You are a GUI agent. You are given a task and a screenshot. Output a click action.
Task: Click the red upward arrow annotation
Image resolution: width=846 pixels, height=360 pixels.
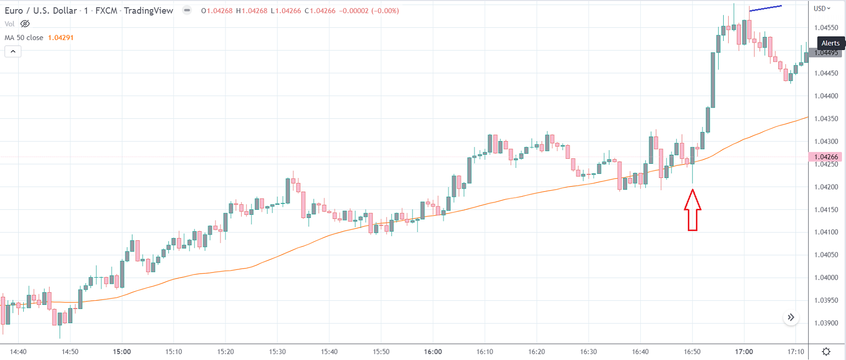(x=692, y=210)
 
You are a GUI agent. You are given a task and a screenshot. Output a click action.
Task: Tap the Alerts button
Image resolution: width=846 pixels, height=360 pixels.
(x=830, y=43)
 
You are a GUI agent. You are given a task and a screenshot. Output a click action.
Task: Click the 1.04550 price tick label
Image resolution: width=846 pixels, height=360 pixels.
(x=826, y=28)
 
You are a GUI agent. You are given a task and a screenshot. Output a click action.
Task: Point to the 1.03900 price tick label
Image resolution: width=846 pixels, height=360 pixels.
(x=826, y=323)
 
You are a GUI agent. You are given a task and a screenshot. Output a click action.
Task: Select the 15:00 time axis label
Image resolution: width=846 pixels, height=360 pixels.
(x=122, y=351)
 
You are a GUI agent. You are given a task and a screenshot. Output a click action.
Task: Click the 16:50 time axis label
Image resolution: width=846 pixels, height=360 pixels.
(x=692, y=351)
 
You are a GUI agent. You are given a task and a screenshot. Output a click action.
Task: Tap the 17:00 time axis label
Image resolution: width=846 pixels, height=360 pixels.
(x=744, y=351)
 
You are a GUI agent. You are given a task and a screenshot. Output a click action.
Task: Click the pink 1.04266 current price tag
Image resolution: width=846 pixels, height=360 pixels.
(x=826, y=157)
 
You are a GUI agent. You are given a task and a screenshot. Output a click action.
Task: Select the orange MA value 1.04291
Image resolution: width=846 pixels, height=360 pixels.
(x=61, y=37)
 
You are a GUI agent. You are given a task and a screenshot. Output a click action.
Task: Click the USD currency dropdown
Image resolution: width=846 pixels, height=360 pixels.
(x=822, y=9)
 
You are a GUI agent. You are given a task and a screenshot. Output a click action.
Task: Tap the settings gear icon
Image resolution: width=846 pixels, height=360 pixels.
(x=826, y=351)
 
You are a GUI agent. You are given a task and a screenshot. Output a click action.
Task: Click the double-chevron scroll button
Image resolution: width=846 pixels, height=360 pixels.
(x=791, y=318)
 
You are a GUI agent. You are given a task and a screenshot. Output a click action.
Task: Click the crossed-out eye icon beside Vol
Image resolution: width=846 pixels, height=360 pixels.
(x=25, y=24)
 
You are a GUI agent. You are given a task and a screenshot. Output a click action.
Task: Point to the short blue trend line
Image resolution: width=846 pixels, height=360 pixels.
(x=766, y=8)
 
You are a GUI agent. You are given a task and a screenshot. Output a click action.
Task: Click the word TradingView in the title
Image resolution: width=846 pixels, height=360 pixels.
(x=148, y=11)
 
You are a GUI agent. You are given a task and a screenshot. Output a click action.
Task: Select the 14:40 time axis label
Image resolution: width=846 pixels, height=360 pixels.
(x=18, y=351)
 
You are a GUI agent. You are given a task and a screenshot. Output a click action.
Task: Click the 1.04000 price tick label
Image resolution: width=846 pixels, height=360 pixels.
(x=826, y=278)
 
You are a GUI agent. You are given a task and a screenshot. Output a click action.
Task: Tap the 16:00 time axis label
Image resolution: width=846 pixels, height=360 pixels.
(x=433, y=351)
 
